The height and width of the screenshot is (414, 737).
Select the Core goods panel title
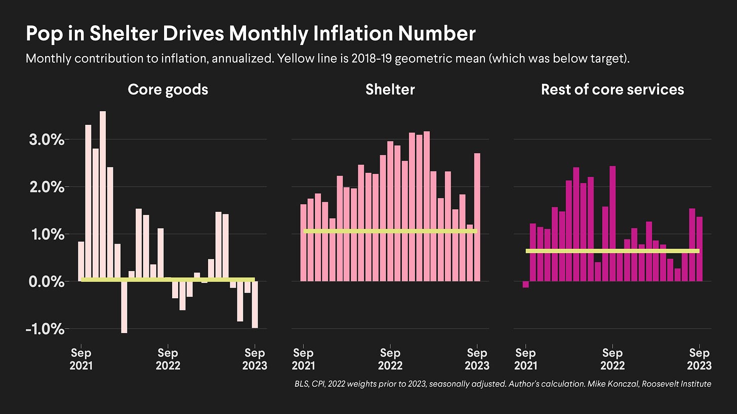coord(168,89)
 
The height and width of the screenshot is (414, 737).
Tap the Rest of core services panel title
coord(612,89)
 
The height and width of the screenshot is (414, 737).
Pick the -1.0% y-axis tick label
coord(46,329)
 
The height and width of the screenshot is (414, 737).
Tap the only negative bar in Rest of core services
coord(526,285)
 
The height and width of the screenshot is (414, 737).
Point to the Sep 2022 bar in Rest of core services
coord(612,222)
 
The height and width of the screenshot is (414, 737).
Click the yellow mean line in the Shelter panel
coord(390,231)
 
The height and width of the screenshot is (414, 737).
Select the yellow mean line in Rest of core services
coord(612,251)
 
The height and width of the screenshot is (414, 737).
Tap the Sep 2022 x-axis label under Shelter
coord(390,358)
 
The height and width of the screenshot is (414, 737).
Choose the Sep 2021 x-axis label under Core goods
coord(81,358)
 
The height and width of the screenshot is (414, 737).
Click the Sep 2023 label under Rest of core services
coord(700,358)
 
